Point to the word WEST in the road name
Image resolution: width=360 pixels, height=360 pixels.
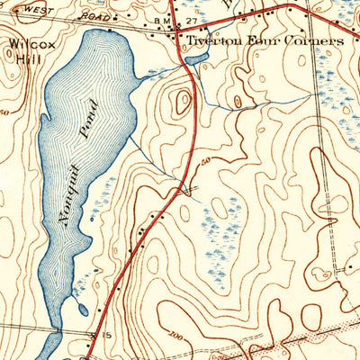(x=33, y=9)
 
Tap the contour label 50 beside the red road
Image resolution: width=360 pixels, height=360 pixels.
(x=205, y=160)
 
